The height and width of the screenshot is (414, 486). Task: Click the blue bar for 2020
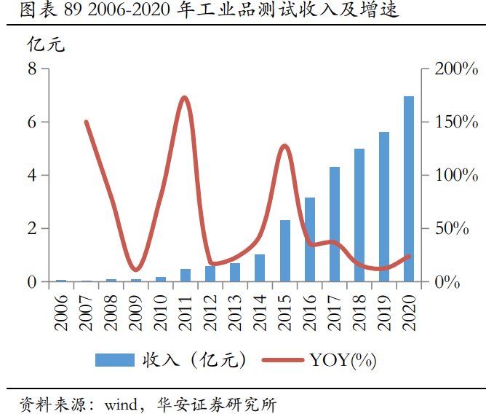tap(409, 189)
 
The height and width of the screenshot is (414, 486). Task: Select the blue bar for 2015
tap(285, 251)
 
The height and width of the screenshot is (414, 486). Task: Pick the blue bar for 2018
tap(359, 215)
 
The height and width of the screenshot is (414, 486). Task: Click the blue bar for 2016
tap(310, 239)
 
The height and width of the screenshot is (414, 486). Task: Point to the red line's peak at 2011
tap(184, 98)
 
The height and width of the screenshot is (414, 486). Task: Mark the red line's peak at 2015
tap(285, 147)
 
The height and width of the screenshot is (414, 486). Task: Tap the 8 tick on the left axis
tap(31, 69)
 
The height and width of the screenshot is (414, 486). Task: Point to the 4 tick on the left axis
tap(31, 175)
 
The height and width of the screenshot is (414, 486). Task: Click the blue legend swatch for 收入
tap(114, 359)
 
